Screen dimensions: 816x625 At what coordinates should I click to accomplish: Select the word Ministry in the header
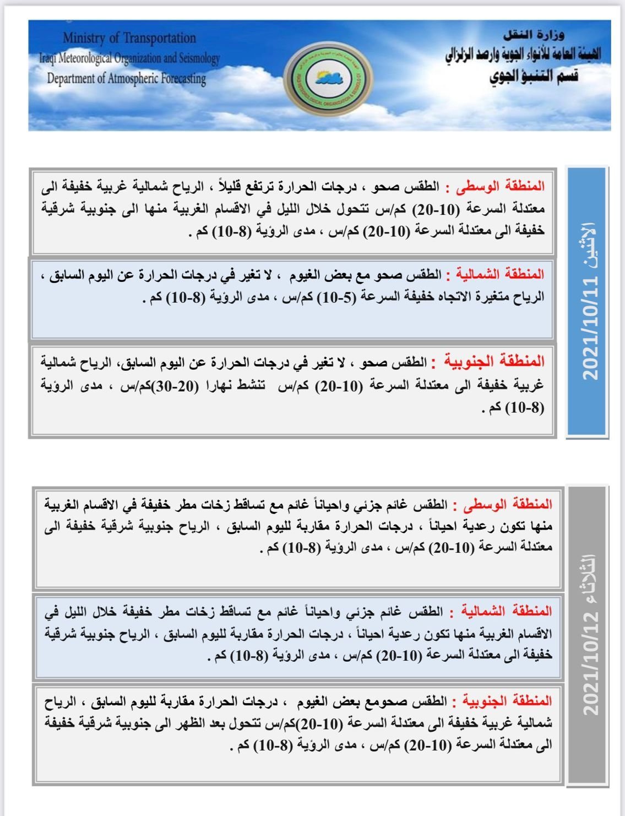pos(84,38)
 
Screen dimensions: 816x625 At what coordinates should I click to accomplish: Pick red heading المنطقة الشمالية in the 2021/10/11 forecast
pos(495,274)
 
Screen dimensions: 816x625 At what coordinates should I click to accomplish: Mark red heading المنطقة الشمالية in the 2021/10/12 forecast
pos(502,611)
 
